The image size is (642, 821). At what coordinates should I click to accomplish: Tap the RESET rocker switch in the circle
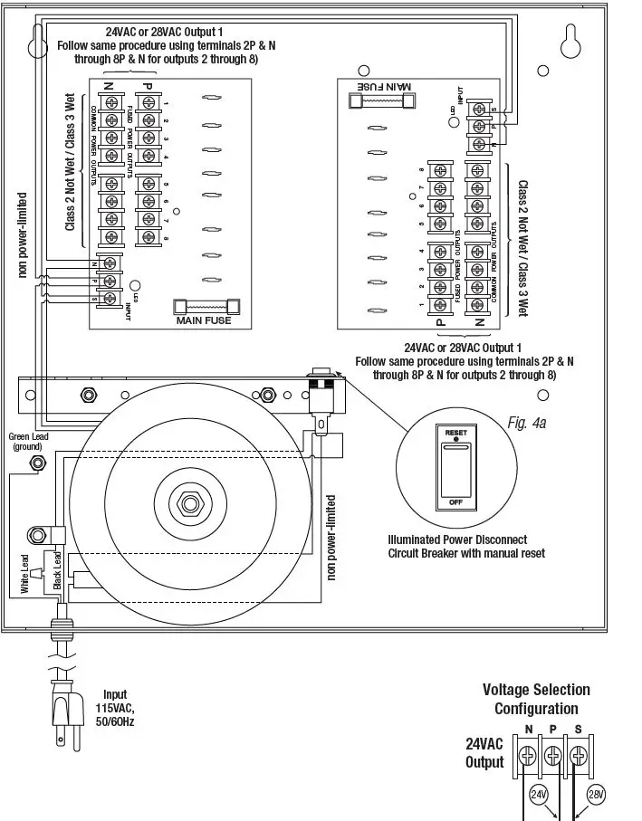[x=455, y=467]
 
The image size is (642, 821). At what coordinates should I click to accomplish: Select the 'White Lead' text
[x=25, y=575]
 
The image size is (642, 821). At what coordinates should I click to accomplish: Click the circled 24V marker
[x=538, y=797]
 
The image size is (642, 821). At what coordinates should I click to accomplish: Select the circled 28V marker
[x=595, y=795]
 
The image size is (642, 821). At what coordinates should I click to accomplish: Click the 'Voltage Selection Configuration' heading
[x=536, y=700]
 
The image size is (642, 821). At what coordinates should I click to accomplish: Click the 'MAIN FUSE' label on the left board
[x=204, y=320]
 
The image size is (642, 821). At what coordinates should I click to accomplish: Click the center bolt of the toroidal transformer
[x=191, y=498]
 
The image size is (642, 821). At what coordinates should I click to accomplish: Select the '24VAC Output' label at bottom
[x=484, y=753]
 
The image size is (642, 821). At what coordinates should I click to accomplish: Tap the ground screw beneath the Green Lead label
[x=39, y=463]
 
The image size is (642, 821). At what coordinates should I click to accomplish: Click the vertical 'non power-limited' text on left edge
[x=23, y=234]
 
